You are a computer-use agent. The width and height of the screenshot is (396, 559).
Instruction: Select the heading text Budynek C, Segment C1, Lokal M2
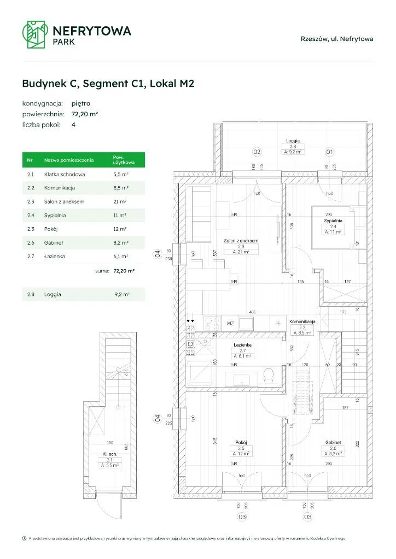coord(108,84)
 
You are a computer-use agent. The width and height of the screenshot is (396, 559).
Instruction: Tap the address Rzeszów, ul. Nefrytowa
coord(337,38)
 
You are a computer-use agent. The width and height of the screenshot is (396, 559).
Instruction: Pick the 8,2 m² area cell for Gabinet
coord(120,242)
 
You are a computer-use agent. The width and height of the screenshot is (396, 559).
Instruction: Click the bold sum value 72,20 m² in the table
coord(124,270)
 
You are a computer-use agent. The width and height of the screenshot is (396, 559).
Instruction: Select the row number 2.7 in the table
coord(31,256)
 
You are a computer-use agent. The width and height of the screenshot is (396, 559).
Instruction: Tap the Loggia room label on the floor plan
coord(293,141)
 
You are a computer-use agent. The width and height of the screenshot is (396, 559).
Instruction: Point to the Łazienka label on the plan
coord(242,344)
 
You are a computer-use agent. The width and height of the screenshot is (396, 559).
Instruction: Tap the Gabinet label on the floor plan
coord(332,443)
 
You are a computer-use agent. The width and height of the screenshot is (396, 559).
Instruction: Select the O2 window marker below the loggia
coord(255,152)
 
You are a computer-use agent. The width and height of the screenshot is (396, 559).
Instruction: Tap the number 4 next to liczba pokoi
coord(74,125)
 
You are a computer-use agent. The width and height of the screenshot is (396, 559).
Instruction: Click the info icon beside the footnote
coord(24,538)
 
